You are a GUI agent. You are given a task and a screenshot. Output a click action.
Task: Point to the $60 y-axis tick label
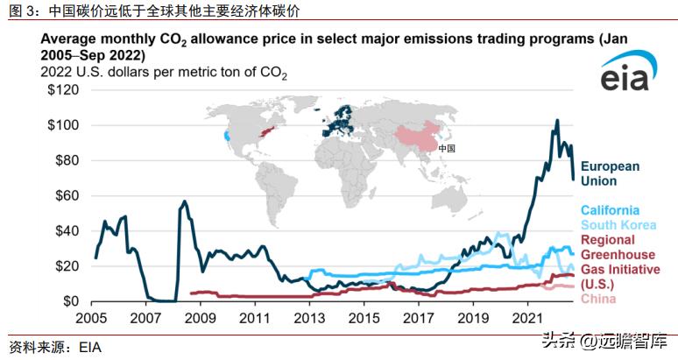pyautogui.click(x=64, y=195)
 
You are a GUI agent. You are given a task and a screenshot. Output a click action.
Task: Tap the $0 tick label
pyautogui.click(x=73, y=301)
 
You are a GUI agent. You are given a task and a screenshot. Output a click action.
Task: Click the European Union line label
pyautogui.click(x=611, y=173)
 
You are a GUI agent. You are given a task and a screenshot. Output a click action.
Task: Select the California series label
pyautogui.click(x=611, y=210)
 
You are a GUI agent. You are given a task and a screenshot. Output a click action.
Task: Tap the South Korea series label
pyautogui.click(x=618, y=225)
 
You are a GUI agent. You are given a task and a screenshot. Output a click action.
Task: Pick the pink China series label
pyautogui.click(x=599, y=300)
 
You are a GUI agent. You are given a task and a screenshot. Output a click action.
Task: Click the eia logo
pyautogui.click(x=625, y=77)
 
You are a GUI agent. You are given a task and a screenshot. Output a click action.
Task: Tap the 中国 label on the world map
pyautogui.click(x=446, y=149)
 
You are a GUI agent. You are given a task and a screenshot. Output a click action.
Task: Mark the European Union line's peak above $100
pyautogui.click(x=557, y=121)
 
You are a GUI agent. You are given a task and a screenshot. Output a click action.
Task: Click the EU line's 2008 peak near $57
pyautogui.click(x=184, y=201)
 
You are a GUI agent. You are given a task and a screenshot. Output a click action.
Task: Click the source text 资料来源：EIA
pyautogui.click(x=54, y=347)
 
